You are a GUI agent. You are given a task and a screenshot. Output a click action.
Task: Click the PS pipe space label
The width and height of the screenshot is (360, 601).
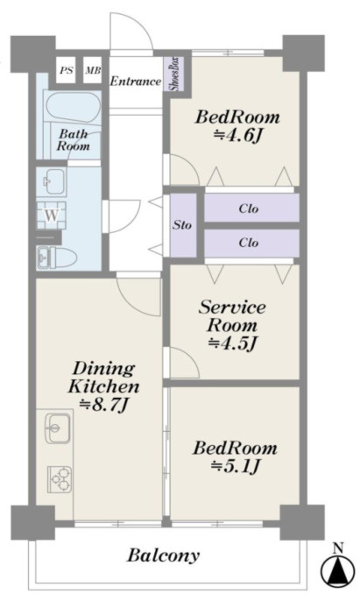coord(66,71)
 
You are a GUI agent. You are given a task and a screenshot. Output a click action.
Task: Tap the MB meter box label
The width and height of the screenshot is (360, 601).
coord(93,70)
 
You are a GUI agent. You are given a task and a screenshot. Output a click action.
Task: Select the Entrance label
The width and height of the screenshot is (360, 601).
coord(136,81)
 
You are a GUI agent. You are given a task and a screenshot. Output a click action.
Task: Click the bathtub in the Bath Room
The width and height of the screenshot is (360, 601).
coord(72,107)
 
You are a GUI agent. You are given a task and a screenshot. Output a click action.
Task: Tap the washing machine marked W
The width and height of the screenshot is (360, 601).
coord(52,216)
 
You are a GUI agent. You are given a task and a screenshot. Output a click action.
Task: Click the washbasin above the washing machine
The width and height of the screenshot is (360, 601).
coord(52,181)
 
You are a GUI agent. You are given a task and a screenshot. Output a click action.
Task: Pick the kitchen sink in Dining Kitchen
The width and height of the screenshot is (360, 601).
coord(58,428)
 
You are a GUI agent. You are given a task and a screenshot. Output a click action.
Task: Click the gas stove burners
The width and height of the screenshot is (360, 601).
coord(60,479)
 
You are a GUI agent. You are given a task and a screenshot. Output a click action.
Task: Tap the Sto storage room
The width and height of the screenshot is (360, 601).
coord(183,225)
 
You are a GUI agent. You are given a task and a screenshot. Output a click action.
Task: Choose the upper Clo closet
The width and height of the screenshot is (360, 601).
coord(251,209)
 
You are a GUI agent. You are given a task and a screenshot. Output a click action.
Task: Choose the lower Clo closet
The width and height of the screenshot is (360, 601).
coord(251,243)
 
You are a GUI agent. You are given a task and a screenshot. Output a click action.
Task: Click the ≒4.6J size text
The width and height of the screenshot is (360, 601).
coord(238,135)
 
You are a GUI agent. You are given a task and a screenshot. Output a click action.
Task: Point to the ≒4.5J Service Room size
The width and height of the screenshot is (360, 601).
coord(232,343)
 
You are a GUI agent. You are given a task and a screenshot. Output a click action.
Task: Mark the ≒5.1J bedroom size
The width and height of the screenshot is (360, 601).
coord(236,466)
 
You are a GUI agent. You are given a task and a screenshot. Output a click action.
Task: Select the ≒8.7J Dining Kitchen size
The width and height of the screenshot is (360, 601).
coord(103,404)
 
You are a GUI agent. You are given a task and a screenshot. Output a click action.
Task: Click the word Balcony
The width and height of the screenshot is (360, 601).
coord(163,555)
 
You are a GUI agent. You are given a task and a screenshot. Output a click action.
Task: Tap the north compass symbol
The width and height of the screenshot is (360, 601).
coord(337,568)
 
